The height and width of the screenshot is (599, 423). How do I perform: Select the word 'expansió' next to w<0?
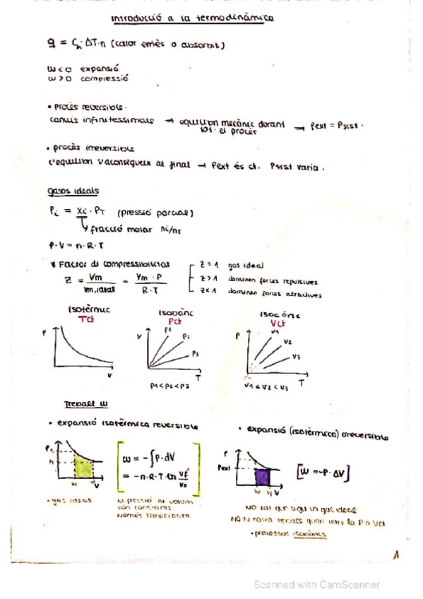(x=93, y=70)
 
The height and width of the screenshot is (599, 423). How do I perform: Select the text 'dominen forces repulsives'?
(x=273, y=280)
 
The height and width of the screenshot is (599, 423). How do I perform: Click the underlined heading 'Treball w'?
(x=85, y=404)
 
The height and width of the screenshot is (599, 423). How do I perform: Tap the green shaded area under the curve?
(x=83, y=469)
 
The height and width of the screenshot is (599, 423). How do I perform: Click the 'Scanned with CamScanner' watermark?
(x=317, y=584)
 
